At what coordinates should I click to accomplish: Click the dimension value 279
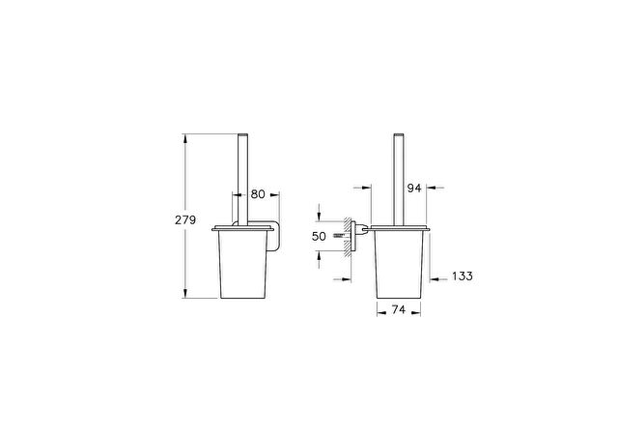(x=185, y=219)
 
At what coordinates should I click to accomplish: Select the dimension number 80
(x=258, y=194)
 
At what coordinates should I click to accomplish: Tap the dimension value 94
(x=414, y=189)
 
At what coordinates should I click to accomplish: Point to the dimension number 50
(x=319, y=236)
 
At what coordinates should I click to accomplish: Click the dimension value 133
(x=463, y=276)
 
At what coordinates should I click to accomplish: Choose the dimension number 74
(x=399, y=309)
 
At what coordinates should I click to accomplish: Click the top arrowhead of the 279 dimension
(x=184, y=139)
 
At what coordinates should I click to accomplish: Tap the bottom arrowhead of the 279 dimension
(x=184, y=293)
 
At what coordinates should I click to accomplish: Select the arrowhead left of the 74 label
(x=382, y=313)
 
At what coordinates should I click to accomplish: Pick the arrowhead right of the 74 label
(x=415, y=313)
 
